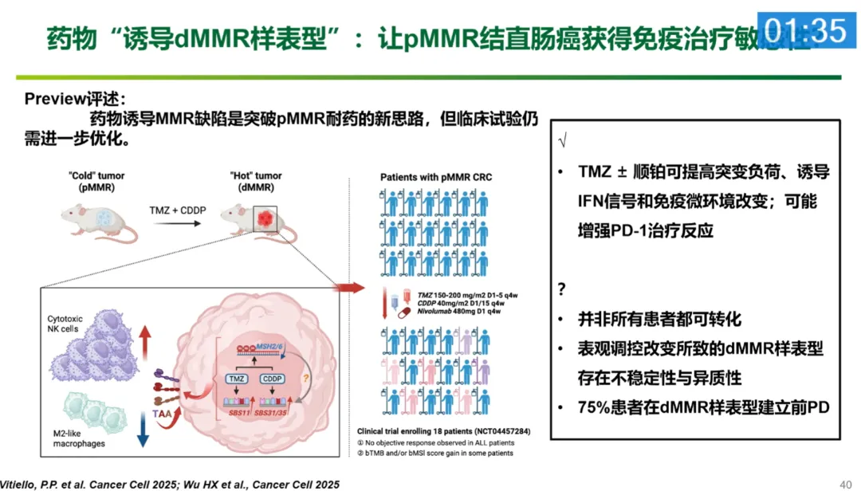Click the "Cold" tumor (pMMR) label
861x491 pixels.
(96, 182)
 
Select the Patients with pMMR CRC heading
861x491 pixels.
(436, 177)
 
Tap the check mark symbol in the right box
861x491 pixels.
(564, 140)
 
